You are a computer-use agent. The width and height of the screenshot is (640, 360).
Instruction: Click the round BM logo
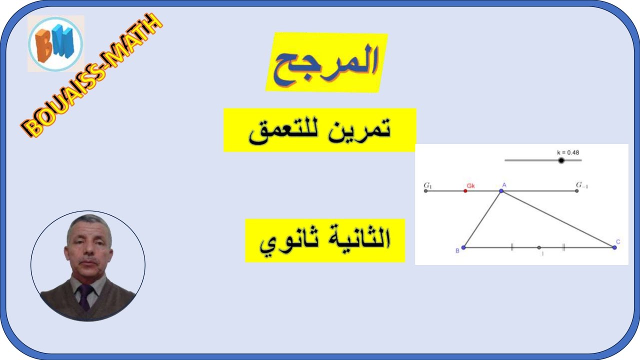tap(55, 44)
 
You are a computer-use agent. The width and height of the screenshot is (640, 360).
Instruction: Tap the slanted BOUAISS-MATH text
tap(92, 75)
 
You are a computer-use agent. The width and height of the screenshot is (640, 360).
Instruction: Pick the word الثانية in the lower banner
tap(358, 240)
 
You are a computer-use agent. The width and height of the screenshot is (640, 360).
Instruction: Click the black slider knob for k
tap(561, 160)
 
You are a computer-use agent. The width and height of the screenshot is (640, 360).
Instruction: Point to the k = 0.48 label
tap(568, 152)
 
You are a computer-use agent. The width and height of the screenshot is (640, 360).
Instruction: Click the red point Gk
tap(465, 191)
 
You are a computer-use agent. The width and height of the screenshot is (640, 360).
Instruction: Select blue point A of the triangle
tap(501, 190)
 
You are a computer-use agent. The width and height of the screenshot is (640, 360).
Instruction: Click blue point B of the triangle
tap(463, 247)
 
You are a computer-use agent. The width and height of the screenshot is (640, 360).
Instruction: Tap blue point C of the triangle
tap(614, 247)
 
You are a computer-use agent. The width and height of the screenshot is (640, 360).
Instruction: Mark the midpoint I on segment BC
tap(539, 247)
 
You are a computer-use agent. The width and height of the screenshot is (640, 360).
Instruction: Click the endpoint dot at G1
tap(426, 191)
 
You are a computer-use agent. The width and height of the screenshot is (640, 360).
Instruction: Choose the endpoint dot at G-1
tap(576, 191)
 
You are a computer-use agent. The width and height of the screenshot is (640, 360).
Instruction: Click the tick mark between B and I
tap(512, 247)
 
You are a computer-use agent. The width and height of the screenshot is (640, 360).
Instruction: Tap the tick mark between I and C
tap(563, 247)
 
